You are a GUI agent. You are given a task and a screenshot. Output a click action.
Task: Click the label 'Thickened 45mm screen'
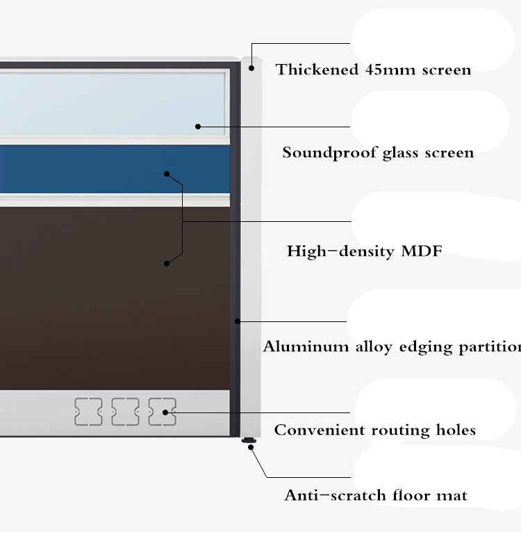point(373,70)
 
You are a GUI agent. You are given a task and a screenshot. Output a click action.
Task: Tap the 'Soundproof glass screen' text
point(378,152)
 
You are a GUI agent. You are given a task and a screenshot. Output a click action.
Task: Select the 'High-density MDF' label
point(364,251)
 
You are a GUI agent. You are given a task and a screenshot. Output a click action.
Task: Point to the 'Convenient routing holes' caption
point(375,430)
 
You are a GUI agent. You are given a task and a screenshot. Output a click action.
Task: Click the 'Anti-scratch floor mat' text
point(376,495)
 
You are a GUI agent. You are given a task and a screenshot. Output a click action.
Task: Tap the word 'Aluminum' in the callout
point(306,346)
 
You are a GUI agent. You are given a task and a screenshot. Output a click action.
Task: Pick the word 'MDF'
point(422,251)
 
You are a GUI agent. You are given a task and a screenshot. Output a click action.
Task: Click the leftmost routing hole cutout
point(88,412)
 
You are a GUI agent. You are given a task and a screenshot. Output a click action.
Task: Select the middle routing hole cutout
point(125,412)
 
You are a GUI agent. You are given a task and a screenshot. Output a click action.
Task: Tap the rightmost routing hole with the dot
point(162,412)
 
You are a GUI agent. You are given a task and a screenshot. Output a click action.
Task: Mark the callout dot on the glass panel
point(198,127)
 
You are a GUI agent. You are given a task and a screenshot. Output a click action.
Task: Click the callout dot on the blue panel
point(167,174)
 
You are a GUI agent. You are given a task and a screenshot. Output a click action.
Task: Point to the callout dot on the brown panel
point(167,264)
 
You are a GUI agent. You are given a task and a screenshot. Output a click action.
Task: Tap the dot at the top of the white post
point(251,68)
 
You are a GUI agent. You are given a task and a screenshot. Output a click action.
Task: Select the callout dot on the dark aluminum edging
point(238,321)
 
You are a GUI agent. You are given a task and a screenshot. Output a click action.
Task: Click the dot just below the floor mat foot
point(251,447)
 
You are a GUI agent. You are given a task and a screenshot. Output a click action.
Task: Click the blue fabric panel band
point(115,169)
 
